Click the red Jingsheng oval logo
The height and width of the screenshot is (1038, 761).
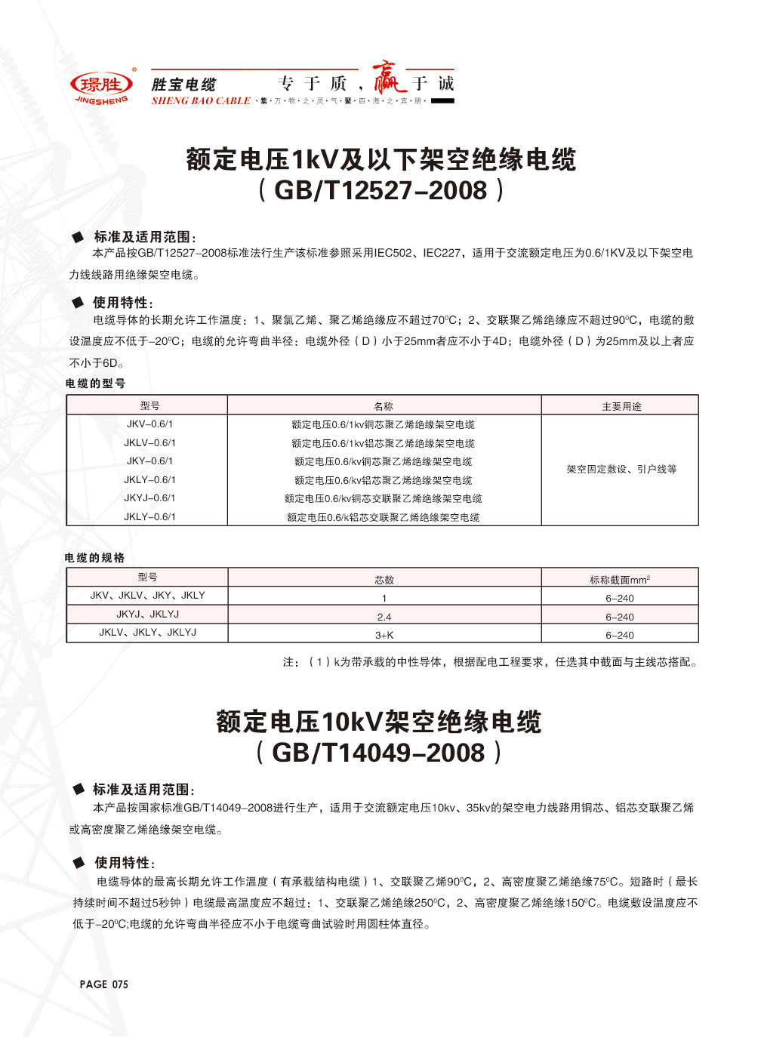click(101, 85)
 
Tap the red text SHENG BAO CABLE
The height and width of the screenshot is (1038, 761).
click(201, 101)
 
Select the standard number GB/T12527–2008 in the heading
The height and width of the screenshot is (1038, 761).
click(380, 190)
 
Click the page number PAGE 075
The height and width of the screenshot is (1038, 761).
click(104, 984)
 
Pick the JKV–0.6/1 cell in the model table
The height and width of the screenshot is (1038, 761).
click(149, 424)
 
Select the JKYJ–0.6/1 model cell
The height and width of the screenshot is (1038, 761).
click(149, 498)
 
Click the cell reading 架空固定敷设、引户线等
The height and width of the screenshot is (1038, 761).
click(621, 470)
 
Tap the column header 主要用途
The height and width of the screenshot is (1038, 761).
click(621, 406)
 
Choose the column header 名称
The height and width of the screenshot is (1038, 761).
click(384, 406)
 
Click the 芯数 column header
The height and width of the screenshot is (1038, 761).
click(384, 580)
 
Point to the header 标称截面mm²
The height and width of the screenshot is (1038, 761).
click(620, 580)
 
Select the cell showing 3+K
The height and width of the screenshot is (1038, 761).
click(384, 636)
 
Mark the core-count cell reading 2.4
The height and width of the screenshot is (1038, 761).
click(384, 617)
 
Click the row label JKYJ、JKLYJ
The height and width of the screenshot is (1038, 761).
click(148, 614)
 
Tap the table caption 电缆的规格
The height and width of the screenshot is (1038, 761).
click(95, 558)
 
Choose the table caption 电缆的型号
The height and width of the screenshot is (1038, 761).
click(96, 383)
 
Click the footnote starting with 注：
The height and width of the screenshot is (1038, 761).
click(491, 662)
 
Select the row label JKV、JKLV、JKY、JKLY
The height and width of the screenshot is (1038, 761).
click(148, 596)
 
